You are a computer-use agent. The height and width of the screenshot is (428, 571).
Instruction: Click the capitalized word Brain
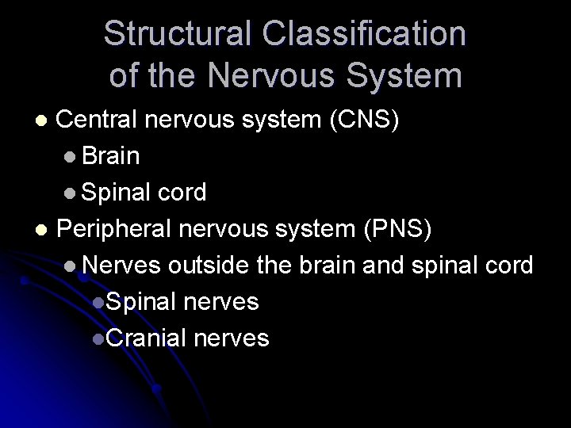point(111,156)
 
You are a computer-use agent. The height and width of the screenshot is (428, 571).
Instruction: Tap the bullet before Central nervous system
point(45,120)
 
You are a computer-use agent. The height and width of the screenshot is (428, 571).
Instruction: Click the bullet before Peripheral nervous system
point(45,230)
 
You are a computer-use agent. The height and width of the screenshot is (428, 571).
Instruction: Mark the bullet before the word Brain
point(72,157)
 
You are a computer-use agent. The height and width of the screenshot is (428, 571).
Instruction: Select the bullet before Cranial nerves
point(96,339)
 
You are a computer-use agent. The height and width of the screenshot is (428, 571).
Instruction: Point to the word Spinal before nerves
point(140,302)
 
